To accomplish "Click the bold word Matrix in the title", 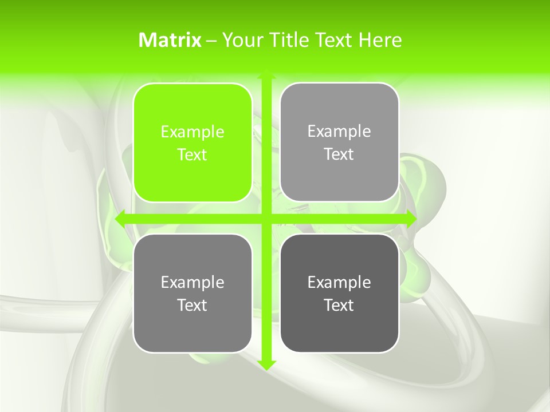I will click(170, 40).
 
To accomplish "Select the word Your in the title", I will click(241, 40).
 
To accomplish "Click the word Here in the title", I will click(380, 40).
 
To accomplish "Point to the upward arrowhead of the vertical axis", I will click(266, 75).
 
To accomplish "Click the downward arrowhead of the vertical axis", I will click(266, 365).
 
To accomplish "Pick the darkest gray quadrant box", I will click(339, 320).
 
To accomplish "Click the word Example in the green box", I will click(192, 132).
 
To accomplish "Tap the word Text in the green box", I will click(192, 154).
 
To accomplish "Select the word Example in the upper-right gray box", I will click(339, 131).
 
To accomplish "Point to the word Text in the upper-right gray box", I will click(339, 154).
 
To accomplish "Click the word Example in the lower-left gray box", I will click(192, 282).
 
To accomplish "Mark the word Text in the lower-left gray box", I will click(192, 305).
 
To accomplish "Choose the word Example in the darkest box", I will click(339, 282).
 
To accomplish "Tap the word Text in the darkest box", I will click(339, 305).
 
